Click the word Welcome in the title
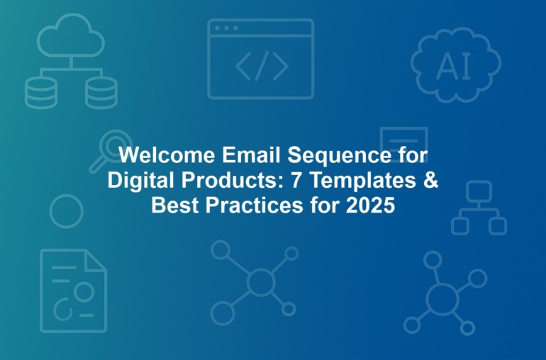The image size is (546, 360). pos(167,155)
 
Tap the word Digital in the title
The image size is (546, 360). pos(142,181)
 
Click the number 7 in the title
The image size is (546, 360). pos(296,180)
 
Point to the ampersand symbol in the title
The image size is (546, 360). pos(431,180)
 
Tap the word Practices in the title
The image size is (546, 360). pos(254,206)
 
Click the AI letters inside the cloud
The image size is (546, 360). pos(453,66)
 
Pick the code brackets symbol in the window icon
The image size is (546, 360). pos(262,66)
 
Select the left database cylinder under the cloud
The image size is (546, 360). pos(41,93)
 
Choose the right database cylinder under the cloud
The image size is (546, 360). pos(101,93)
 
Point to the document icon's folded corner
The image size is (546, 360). pos(96,260)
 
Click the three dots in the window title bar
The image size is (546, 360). pos(226,28)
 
